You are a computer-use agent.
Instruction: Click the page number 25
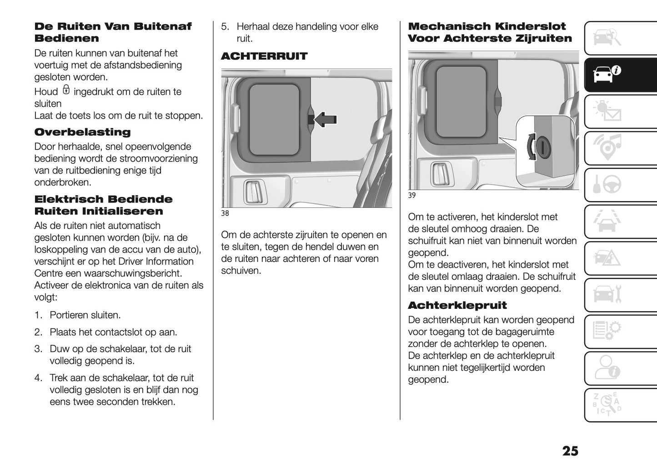pyautogui.click(x=570, y=451)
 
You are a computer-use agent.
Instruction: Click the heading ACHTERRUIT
pyautogui.click(x=264, y=56)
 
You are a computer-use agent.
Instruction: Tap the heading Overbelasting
pyautogui.click(x=82, y=132)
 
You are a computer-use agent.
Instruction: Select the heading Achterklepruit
pyautogui.click(x=457, y=305)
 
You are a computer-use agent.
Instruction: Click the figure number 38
pyautogui.click(x=225, y=213)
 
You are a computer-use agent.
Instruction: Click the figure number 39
pyautogui.click(x=412, y=196)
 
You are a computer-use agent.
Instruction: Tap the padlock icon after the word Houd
pyautogui.click(x=66, y=90)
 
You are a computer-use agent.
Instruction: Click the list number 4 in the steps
pyautogui.click(x=38, y=378)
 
